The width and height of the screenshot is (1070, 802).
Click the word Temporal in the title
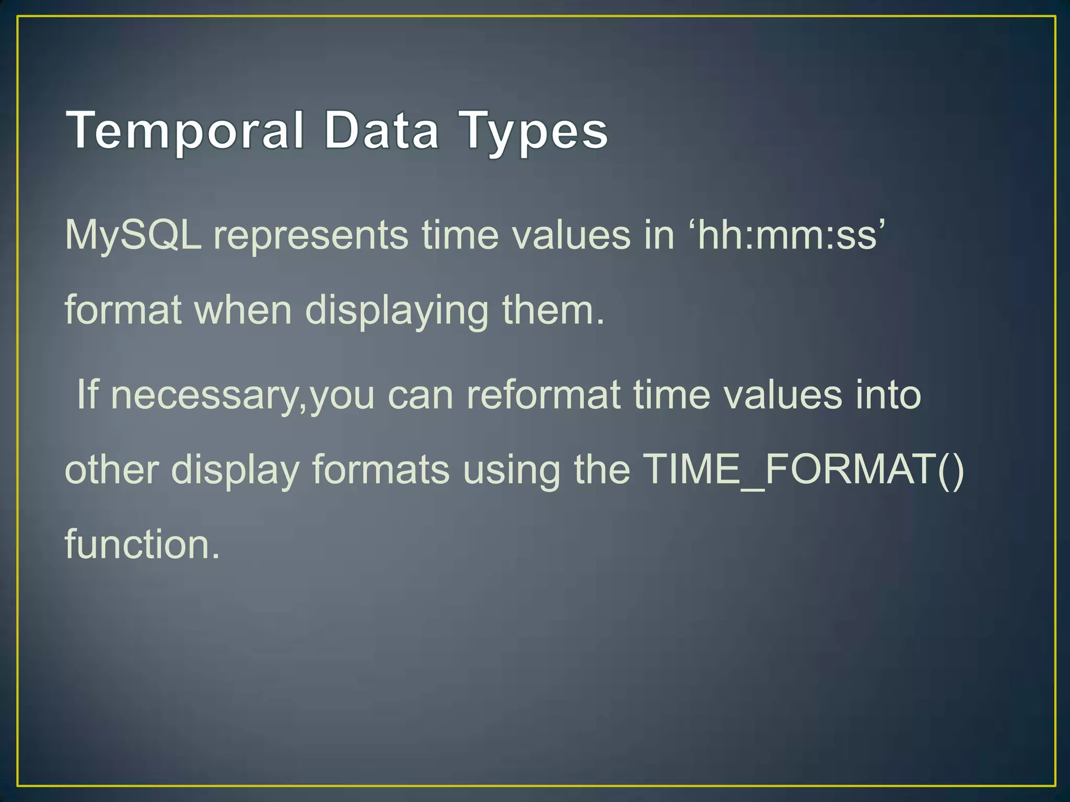(x=185, y=131)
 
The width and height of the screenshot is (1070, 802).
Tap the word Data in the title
(x=381, y=131)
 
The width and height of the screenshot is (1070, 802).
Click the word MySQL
(x=133, y=235)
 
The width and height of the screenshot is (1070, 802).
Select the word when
(x=243, y=310)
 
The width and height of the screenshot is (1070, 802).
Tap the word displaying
(x=397, y=311)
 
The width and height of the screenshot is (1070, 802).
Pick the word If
(x=87, y=395)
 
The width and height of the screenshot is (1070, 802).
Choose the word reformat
(x=543, y=395)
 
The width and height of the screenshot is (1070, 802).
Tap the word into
(x=888, y=395)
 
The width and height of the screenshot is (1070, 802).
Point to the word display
(x=235, y=470)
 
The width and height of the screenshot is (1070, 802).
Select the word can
(x=421, y=396)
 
